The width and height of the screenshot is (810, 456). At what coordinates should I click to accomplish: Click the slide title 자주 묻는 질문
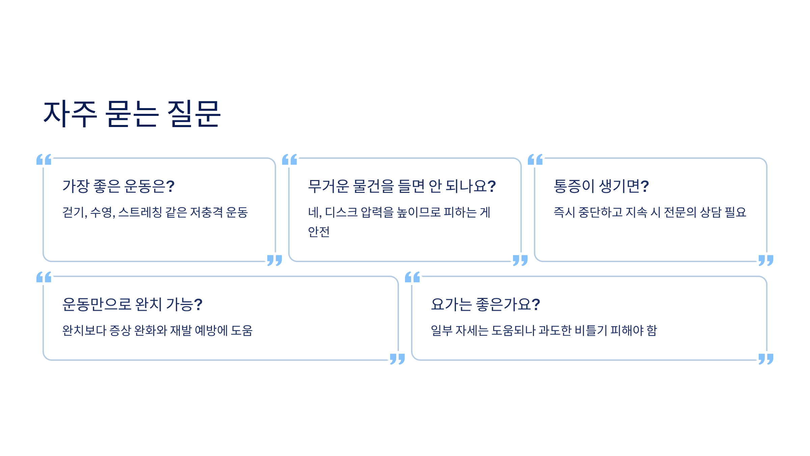132,114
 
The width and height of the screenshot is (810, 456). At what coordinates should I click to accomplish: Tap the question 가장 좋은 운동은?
118,186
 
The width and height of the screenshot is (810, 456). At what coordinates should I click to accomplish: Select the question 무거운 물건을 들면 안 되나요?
402,186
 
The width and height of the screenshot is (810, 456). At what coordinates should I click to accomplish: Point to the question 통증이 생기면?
601,186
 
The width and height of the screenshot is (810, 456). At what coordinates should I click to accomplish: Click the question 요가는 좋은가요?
485,304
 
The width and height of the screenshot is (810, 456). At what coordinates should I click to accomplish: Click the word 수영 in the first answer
102,212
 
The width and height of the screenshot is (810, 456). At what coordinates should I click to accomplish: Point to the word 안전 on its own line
319,232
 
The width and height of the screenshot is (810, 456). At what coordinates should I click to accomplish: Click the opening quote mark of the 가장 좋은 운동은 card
44,159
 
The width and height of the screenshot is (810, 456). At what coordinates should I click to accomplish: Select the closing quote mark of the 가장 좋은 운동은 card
274,260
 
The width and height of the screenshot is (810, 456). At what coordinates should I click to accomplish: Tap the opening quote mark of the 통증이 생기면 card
535,159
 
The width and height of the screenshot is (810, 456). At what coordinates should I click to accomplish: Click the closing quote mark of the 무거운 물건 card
520,260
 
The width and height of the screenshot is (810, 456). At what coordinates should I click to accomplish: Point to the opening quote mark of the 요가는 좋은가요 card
412,277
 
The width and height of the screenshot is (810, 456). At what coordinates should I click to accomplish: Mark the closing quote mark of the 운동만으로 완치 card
397,359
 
